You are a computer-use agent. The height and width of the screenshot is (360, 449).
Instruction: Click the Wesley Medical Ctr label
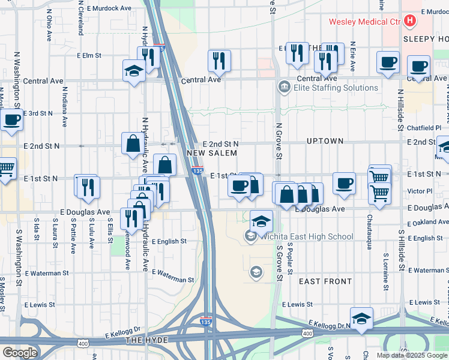364,22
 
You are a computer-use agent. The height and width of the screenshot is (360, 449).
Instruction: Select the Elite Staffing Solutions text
336,88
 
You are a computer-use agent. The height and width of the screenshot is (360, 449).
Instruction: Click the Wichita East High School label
306,236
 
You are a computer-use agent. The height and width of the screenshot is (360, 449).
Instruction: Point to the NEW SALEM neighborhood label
209,154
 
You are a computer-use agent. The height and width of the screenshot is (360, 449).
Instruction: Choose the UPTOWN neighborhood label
325,141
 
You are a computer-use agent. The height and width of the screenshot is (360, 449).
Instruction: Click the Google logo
20,353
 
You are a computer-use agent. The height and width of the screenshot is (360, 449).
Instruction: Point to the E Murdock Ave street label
109,8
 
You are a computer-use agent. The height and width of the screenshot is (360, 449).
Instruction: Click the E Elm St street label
89,55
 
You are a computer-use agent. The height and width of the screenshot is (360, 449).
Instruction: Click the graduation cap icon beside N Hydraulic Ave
133,71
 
